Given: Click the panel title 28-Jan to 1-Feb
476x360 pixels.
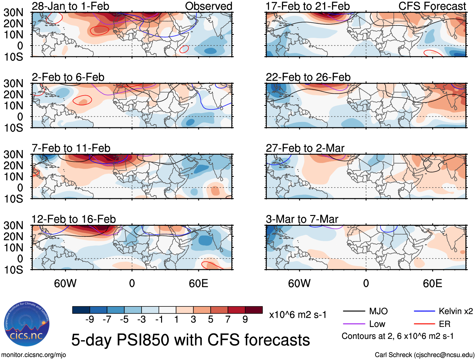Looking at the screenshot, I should (x=70, y=6).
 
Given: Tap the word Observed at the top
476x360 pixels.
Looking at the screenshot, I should (x=208, y=6).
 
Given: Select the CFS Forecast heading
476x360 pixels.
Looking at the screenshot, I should (x=432, y=6).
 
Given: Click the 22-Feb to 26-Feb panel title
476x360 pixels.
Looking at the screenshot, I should (x=308, y=77).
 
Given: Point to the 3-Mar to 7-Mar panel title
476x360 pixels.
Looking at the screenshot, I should (x=302, y=219).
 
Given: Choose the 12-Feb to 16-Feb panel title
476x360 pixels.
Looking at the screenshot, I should (x=74, y=219).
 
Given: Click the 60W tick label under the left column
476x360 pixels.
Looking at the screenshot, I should (x=65, y=283).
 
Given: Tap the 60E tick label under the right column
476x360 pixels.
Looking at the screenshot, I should (x=432, y=283).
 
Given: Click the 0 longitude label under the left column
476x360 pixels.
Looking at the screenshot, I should (x=132, y=283).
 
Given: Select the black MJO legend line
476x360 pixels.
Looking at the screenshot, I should (x=354, y=311).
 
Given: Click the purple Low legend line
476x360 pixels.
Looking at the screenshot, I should (x=354, y=324).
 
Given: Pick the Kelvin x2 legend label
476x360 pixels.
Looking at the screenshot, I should (x=456, y=311).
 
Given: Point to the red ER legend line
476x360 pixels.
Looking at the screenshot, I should (x=424, y=324).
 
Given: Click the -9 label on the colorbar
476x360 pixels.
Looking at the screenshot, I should (x=90, y=320).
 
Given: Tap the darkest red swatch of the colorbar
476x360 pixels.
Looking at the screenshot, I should (x=254, y=310).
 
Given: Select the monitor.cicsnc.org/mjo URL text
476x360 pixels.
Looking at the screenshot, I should (x=34, y=355).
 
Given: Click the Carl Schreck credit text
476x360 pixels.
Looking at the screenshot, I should (x=425, y=355).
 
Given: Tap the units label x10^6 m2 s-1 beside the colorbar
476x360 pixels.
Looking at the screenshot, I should (x=298, y=315).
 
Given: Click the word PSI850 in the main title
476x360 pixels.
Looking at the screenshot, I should (x=144, y=340).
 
